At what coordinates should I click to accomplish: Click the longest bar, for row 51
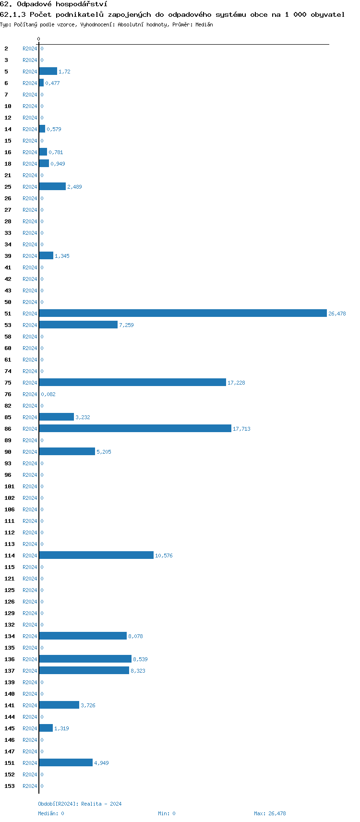(x=182, y=313)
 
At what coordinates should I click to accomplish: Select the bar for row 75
(x=132, y=382)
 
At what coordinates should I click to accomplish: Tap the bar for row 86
(x=135, y=428)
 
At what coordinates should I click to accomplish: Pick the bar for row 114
(x=96, y=555)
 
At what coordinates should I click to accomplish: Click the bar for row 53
(x=78, y=325)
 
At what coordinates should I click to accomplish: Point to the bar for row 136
(x=85, y=659)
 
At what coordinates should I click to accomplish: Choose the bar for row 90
(x=67, y=451)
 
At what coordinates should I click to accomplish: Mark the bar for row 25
(x=52, y=186)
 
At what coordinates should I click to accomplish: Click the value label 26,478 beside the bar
(x=337, y=314)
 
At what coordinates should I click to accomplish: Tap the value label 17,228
(x=236, y=383)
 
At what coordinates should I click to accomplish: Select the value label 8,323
(x=138, y=671)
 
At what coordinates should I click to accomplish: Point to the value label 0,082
(x=48, y=394)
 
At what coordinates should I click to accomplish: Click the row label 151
(x=10, y=763)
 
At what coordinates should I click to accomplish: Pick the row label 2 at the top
(x=6, y=48)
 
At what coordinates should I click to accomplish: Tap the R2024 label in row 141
(x=30, y=705)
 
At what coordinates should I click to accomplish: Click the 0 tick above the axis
(x=39, y=39)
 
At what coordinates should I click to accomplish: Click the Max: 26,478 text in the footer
(x=270, y=813)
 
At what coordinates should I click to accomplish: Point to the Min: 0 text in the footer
(x=167, y=813)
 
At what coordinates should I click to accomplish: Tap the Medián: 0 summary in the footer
(x=51, y=813)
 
